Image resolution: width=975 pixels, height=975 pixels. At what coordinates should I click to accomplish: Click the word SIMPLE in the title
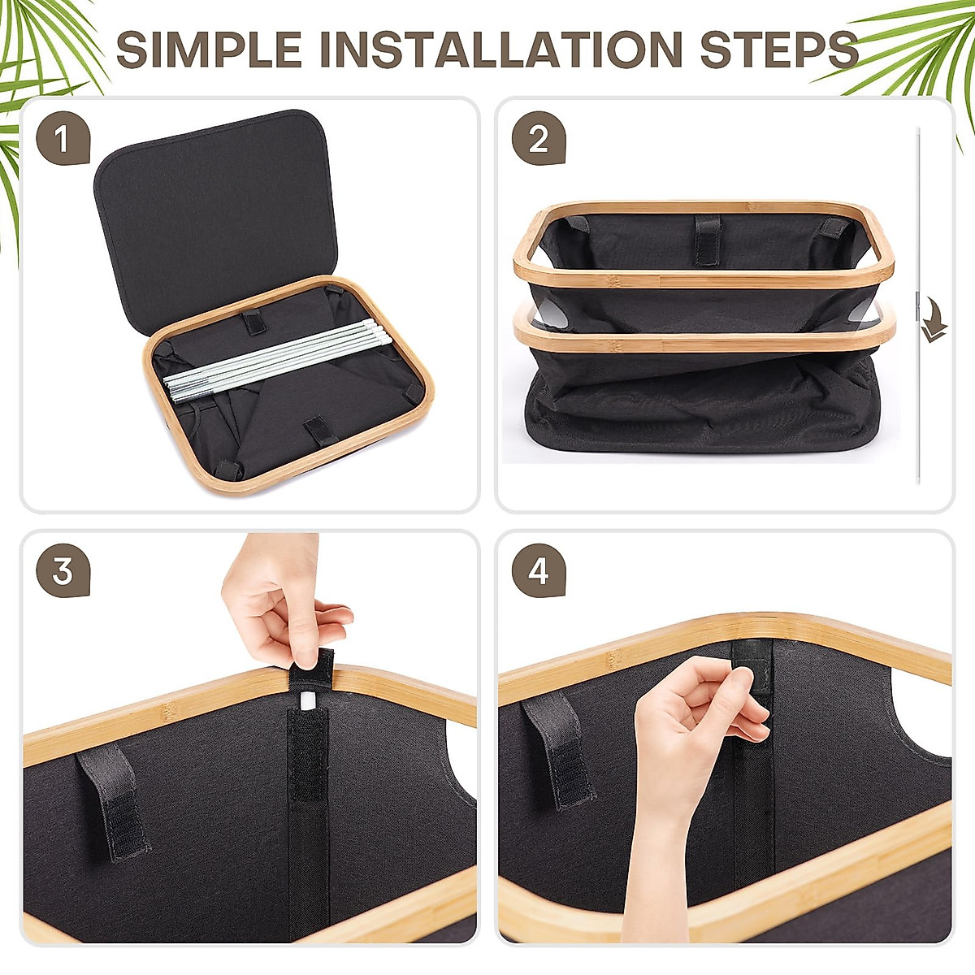pyautogui.click(x=209, y=50)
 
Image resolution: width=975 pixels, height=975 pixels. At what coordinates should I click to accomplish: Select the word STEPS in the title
pyautogui.click(x=779, y=50)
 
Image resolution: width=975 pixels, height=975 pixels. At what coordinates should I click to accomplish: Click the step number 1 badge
pyautogui.click(x=63, y=138)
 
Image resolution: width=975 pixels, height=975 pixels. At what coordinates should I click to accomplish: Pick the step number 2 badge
pyautogui.click(x=539, y=138)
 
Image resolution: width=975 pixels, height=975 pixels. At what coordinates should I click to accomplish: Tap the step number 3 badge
pyautogui.click(x=63, y=571)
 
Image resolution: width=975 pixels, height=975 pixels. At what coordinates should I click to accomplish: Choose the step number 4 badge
pyautogui.click(x=539, y=571)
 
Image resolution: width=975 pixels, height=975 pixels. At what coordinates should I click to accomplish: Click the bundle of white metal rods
pyautogui.click(x=277, y=360)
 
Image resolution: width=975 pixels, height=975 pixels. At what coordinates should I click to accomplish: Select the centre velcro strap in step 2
pyautogui.click(x=708, y=240)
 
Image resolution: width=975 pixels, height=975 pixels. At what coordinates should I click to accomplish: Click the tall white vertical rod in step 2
pyautogui.click(x=918, y=305)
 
